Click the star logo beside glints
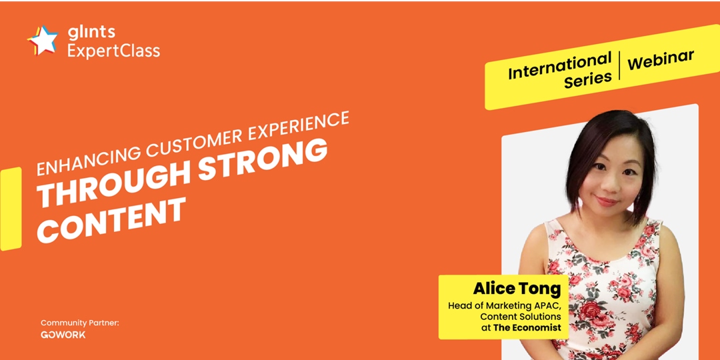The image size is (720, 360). [x=43, y=41]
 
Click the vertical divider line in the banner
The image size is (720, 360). [x=619, y=65]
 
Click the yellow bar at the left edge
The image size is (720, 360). [x=11, y=209]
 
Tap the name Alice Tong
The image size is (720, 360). [x=517, y=289]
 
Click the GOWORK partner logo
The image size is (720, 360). [x=63, y=335]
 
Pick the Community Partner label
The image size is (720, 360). [x=80, y=323]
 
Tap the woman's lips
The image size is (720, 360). [x=607, y=201]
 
